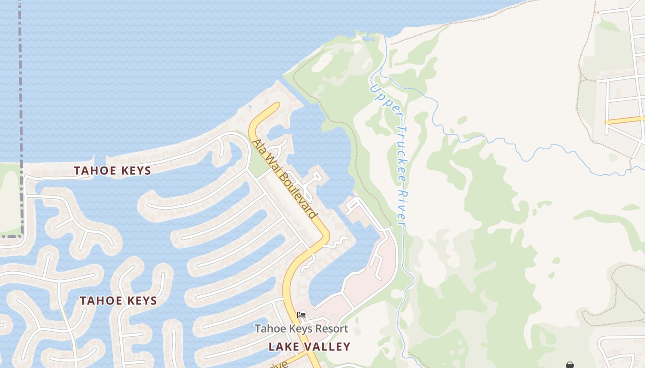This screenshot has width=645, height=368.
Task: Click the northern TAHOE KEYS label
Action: pos(112,171)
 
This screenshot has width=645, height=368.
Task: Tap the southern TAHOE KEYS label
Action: pos(118,301)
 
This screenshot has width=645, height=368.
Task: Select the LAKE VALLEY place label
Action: pos(310,346)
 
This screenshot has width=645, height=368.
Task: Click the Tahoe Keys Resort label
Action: pos(301,329)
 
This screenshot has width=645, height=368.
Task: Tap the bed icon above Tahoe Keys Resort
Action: pos(301,315)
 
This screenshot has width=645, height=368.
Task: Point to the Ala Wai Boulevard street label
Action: pos(284,178)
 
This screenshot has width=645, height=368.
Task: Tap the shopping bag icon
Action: pos(570,365)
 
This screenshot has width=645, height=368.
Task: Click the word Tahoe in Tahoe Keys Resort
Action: pos(268,329)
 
